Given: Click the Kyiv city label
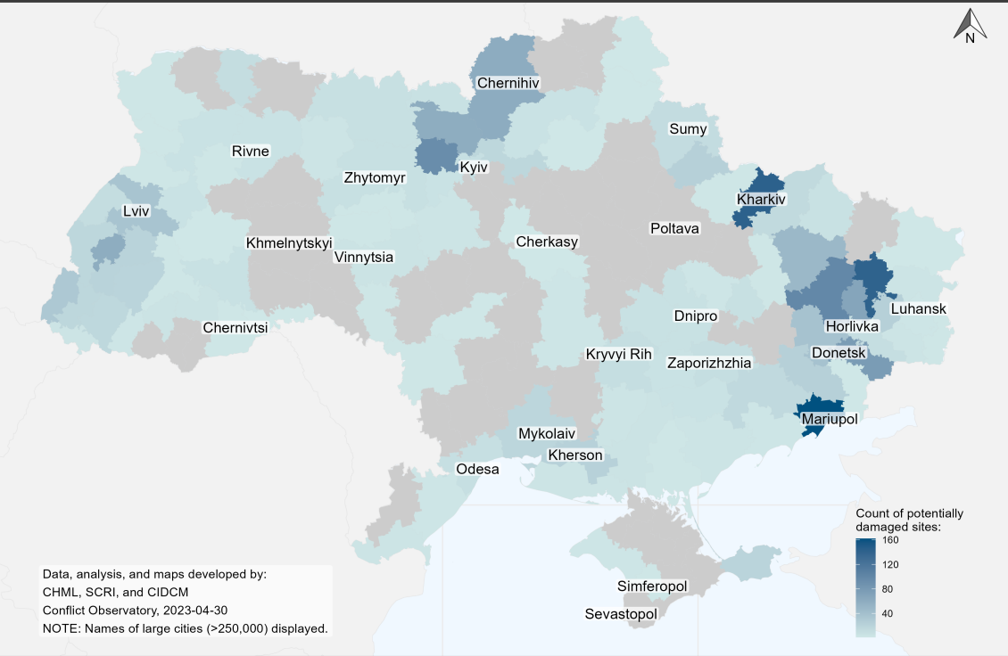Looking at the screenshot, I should coord(475,167).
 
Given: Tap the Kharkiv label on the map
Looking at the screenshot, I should coord(761,200).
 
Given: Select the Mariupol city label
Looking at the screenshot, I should coord(829,418).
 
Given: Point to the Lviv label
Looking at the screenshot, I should coord(136,212).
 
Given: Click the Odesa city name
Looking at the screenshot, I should coord(477,469).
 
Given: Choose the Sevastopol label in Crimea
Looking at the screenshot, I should coord(621,614).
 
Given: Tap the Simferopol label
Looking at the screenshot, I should coord(652,586).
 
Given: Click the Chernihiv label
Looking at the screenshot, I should coord(509,84).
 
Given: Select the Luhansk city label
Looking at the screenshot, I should coord(919,309).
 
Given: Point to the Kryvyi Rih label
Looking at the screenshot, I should coord(619,354).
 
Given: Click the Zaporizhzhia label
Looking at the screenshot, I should coord(709,363).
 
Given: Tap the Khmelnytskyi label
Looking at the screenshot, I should coord(289,242).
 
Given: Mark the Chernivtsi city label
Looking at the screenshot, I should coord(235,327).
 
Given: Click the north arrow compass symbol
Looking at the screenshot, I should coord(969,27).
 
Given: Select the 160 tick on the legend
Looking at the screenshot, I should coord(890,540).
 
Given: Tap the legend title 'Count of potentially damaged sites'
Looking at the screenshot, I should coord(909,521).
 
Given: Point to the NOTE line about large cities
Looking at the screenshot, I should coord(185,628).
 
